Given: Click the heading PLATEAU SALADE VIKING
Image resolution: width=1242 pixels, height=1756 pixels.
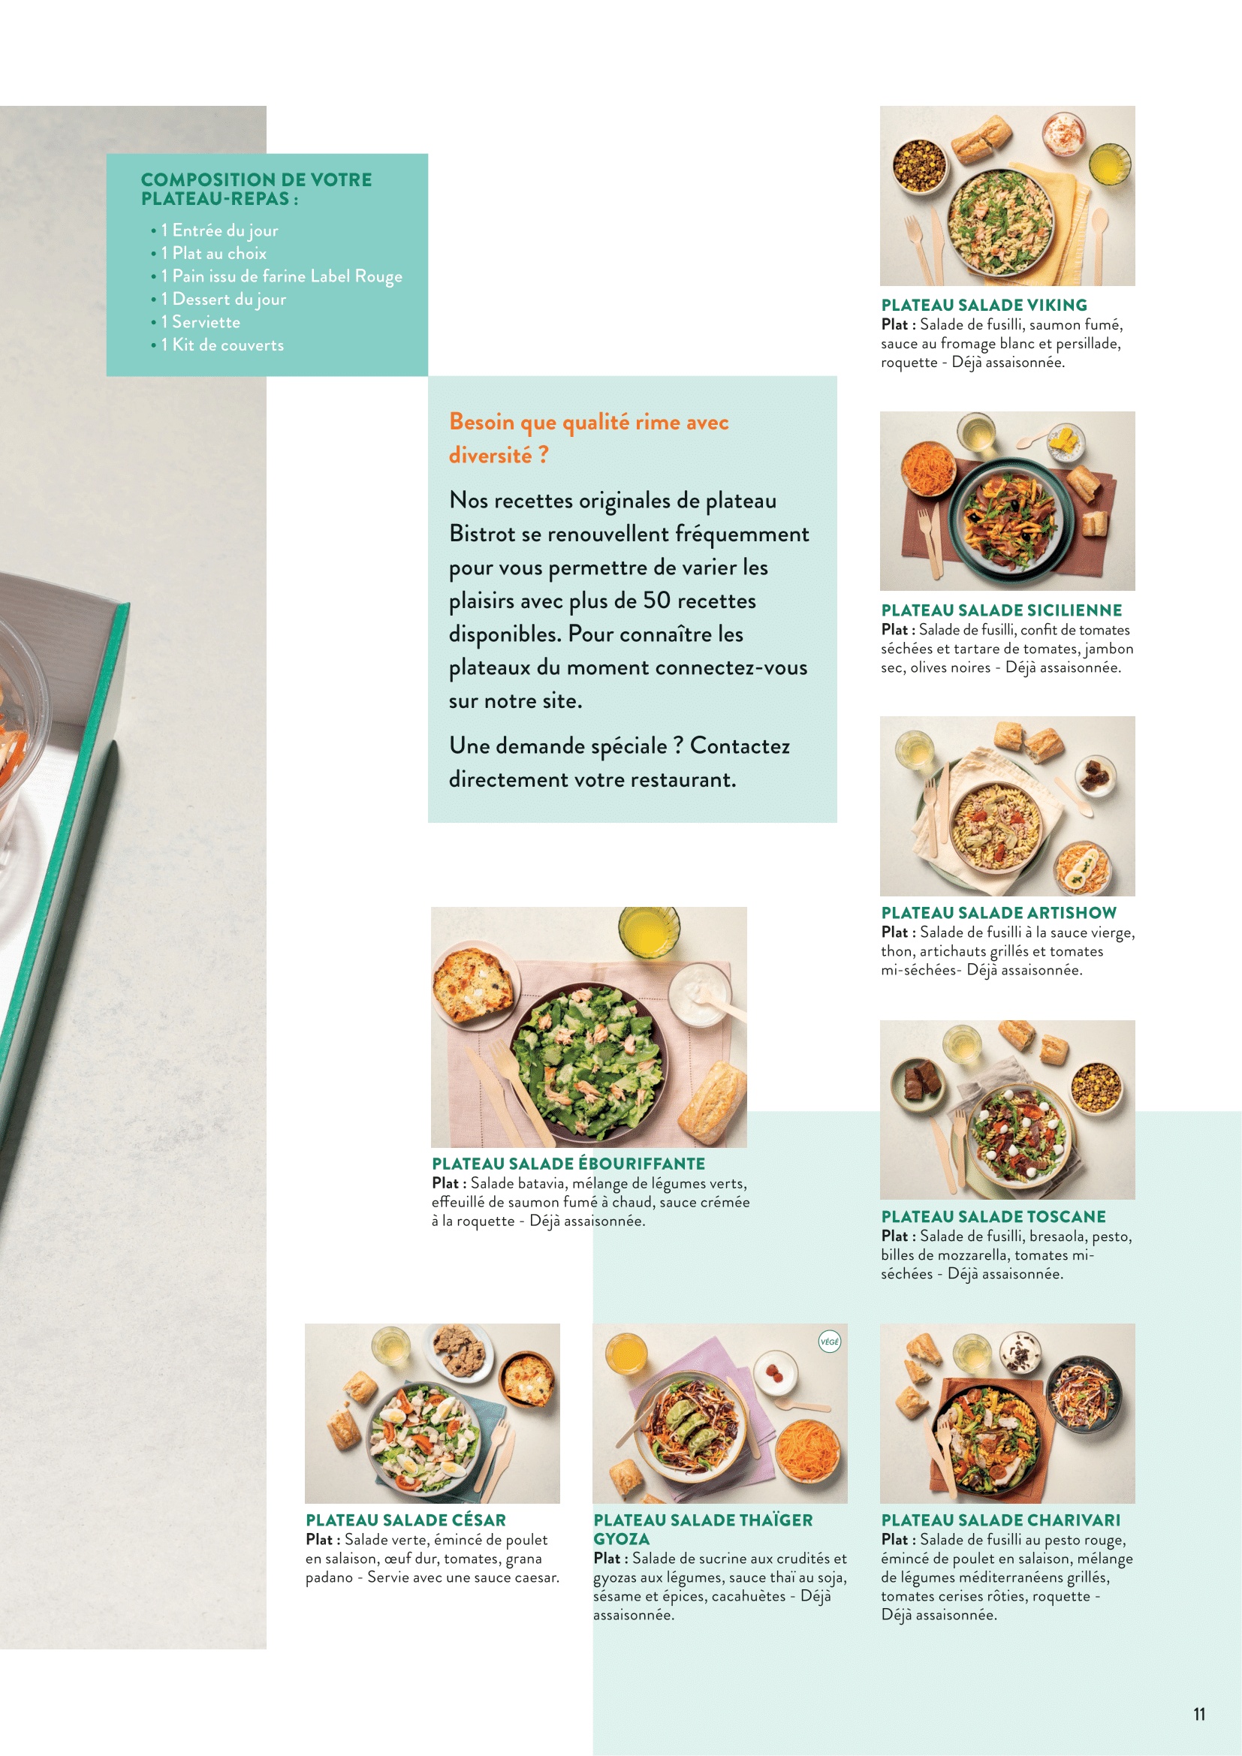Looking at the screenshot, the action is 984,305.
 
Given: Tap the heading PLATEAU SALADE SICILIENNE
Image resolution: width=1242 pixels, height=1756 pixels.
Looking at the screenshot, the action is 1001,610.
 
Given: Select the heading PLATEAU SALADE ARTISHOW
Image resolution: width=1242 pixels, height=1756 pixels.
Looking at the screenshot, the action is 998,912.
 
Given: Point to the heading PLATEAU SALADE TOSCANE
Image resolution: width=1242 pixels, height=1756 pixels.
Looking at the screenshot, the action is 993,1216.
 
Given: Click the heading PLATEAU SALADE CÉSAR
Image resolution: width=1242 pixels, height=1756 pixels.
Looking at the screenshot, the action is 405,1520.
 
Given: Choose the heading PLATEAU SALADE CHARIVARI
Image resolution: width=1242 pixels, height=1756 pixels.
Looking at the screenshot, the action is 1000,1520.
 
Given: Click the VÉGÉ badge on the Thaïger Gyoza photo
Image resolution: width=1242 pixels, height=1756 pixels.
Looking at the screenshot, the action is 829,1342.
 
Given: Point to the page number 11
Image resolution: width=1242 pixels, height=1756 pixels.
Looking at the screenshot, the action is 1199,1714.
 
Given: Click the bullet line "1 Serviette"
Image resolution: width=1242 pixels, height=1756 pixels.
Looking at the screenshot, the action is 200,322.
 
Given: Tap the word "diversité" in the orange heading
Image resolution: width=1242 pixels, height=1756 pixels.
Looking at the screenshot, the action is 490,455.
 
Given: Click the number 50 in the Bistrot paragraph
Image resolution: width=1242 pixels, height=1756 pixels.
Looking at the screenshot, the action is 657,601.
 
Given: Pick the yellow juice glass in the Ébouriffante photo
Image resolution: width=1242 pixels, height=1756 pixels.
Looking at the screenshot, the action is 649,932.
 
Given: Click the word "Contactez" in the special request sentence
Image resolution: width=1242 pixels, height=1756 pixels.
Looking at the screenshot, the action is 740,745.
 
